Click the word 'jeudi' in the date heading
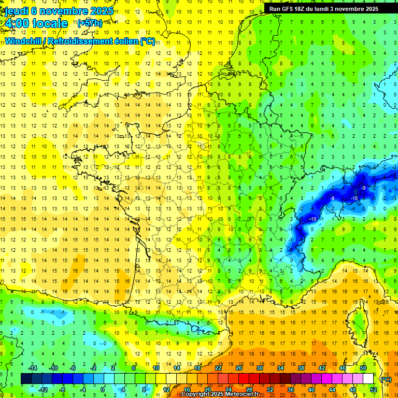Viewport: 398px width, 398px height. pyautogui.click(x=16, y=11)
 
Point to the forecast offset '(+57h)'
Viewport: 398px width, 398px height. pyautogui.click(x=90, y=23)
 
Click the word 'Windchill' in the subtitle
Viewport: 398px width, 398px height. pyautogui.click(x=24, y=41)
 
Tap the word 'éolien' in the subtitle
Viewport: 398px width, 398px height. pyautogui.click(x=127, y=41)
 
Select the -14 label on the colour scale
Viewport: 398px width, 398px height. pyautogui.click(x=33, y=368)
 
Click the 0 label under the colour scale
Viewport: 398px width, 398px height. pyautogui.click(x=102, y=390)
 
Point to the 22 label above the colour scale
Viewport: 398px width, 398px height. pyautogui.click(x=218, y=368)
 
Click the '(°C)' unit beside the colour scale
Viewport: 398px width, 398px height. pyautogui.click(x=386, y=379)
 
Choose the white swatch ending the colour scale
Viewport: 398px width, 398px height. pyautogui.click(x=368, y=379)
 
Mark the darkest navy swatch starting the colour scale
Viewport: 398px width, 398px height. pyautogui.click(x=26, y=379)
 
